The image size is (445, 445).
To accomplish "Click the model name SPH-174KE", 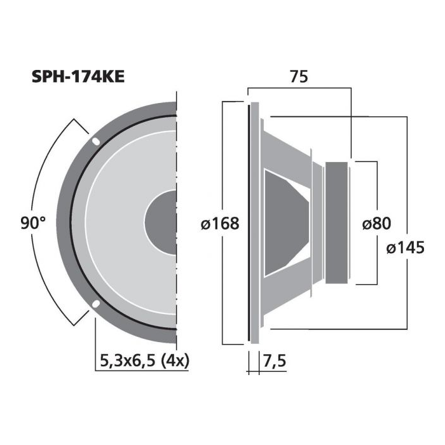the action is (x=78, y=77).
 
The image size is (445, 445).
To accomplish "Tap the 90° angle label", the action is (x=33, y=222).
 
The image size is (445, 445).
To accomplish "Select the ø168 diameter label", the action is (x=220, y=223).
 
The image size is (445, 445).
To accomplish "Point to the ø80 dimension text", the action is (x=376, y=223).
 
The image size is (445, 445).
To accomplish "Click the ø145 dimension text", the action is (x=406, y=247).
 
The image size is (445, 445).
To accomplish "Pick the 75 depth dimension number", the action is (x=299, y=77).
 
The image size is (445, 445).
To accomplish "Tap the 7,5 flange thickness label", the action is (x=275, y=361).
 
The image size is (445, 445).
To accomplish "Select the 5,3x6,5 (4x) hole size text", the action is (x=145, y=361).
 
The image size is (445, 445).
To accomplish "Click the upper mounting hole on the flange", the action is (x=96, y=141).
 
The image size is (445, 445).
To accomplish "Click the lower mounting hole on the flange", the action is (x=96, y=304).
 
